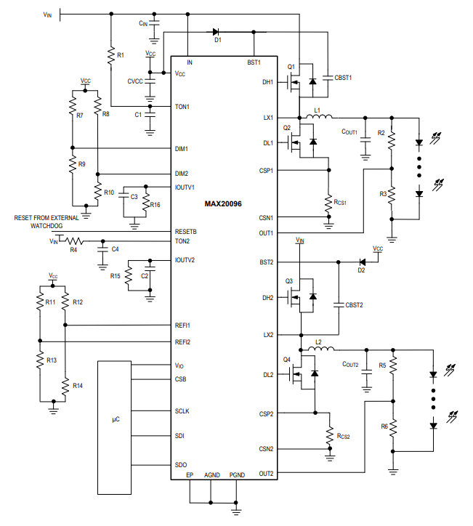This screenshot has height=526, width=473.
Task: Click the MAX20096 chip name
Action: coord(223,203)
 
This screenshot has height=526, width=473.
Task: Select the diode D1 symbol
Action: coord(216,32)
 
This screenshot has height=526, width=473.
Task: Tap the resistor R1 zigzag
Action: coord(111,56)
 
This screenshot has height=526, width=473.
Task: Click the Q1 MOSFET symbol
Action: coord(294,81)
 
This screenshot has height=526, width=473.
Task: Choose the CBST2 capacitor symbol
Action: coord(339,304)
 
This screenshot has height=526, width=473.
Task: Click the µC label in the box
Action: coord(116,419)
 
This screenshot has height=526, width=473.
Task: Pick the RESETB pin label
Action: coord(186,232)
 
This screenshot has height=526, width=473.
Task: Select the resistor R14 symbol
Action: coord(65,387)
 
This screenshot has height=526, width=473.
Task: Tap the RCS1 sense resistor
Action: coord(328,203)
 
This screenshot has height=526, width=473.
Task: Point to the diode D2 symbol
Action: coord(362,262)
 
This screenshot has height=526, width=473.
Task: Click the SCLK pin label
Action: coord(182,411)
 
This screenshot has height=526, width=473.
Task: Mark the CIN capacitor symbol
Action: coord(154,23)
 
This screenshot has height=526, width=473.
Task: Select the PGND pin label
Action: coord(237,474)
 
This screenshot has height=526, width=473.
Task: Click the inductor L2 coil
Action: coord(320,349)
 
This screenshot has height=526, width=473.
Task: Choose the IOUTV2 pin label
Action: coord(185,259)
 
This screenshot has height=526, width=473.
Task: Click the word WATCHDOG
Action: coord(47,226)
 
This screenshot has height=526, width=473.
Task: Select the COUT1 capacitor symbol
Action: coord(365,139)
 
